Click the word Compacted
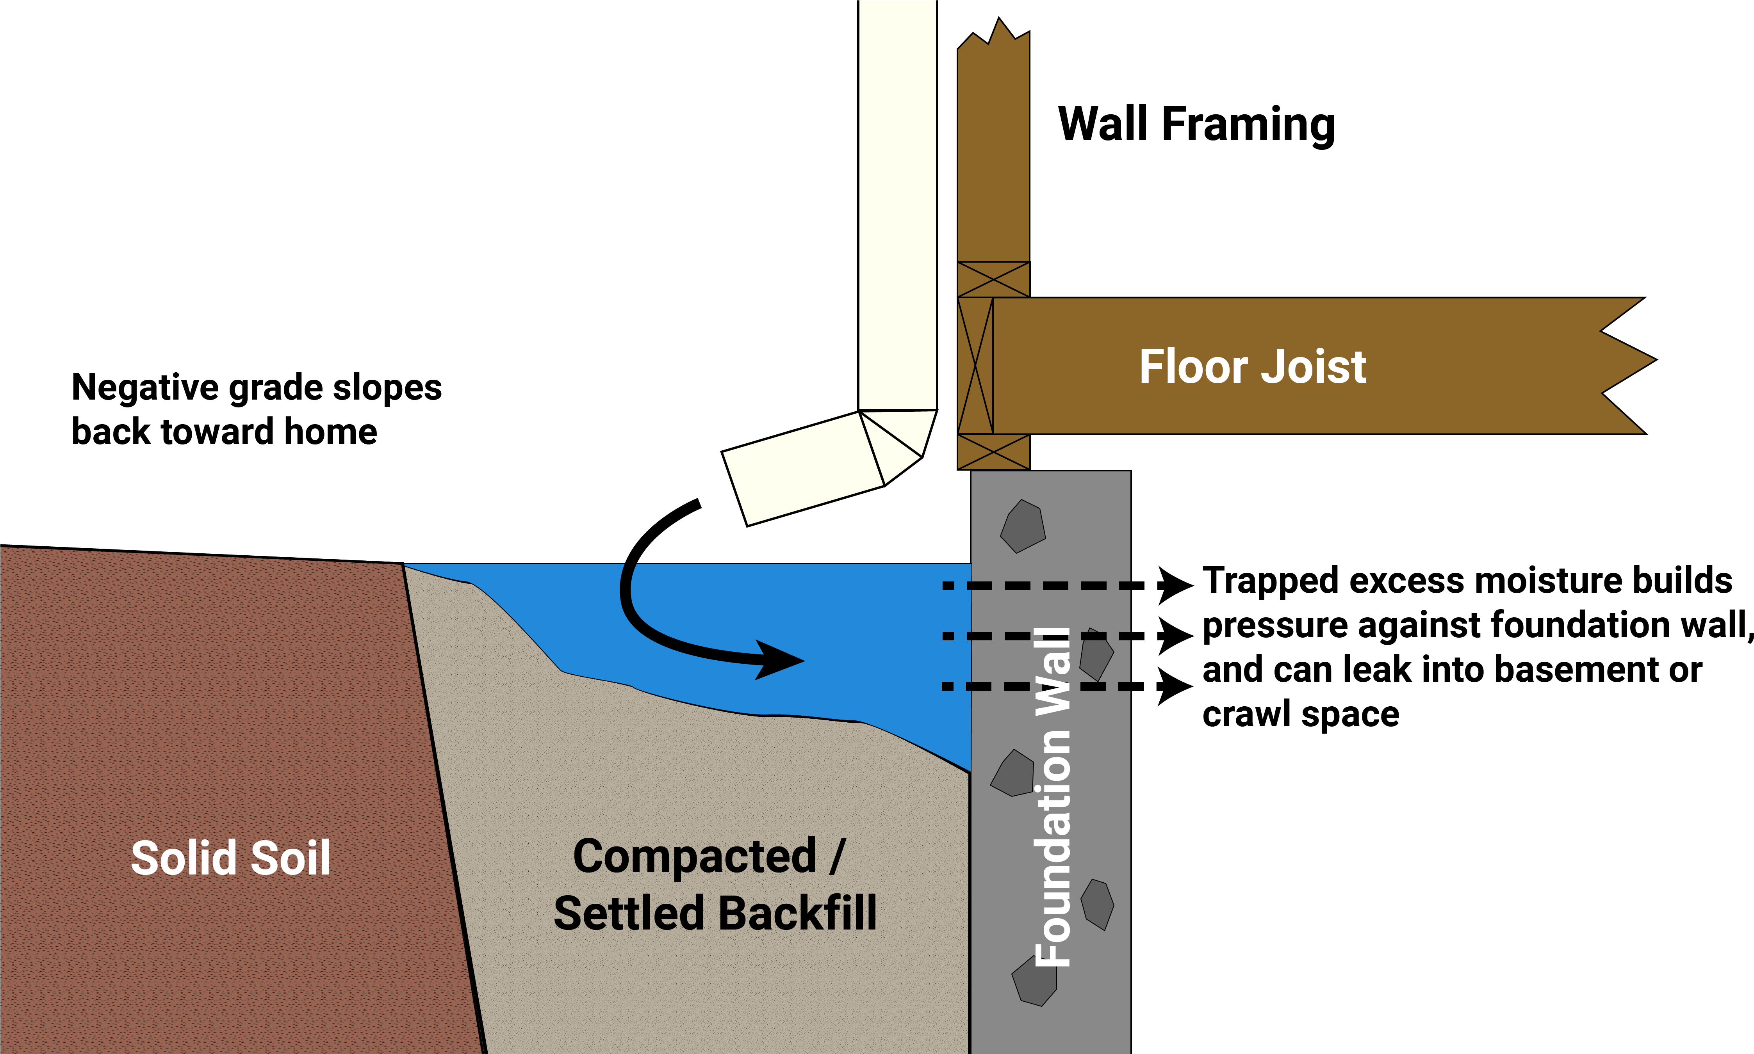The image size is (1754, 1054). (694, 857)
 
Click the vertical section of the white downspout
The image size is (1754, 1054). (897, 206)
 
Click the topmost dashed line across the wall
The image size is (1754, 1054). (1036, 586)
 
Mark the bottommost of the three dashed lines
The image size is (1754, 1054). (1036, 686)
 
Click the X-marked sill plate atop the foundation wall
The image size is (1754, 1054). (993, 452)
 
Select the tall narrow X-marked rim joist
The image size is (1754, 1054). (975, 366)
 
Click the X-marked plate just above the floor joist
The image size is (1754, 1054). (993, 279)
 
